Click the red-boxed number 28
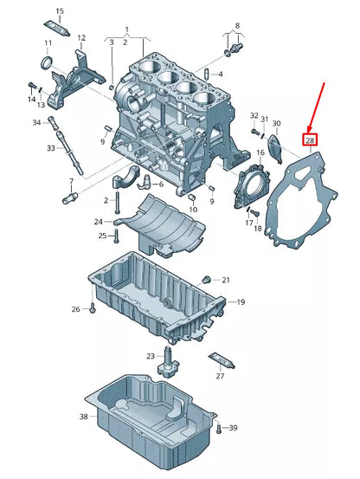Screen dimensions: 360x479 [x=310, y=140]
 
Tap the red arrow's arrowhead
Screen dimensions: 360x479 [x=309, y=127]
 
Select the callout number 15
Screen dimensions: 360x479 [x=60, y=11]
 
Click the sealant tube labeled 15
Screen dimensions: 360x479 [x=57, y=28]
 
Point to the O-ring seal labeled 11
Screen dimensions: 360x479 [x=47, y=62]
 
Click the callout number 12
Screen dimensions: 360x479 [x=81, y=38]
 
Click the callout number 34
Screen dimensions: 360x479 [x=36, y=122]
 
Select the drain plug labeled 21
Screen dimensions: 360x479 [x=207, y=279]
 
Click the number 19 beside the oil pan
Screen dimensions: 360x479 [x=241, y=302]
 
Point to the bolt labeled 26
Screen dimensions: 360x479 [x=93, y=309]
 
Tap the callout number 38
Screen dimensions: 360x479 [x=84, y=417]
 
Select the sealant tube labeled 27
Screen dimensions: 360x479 [x=222, y=361]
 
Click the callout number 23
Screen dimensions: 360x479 [x=151, y=356]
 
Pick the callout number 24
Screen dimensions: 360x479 [x=99, y=222]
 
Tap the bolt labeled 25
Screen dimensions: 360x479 [x=116, y=236]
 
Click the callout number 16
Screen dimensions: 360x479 [x=260, y=152]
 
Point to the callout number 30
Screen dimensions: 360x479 [x=276, y=123]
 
